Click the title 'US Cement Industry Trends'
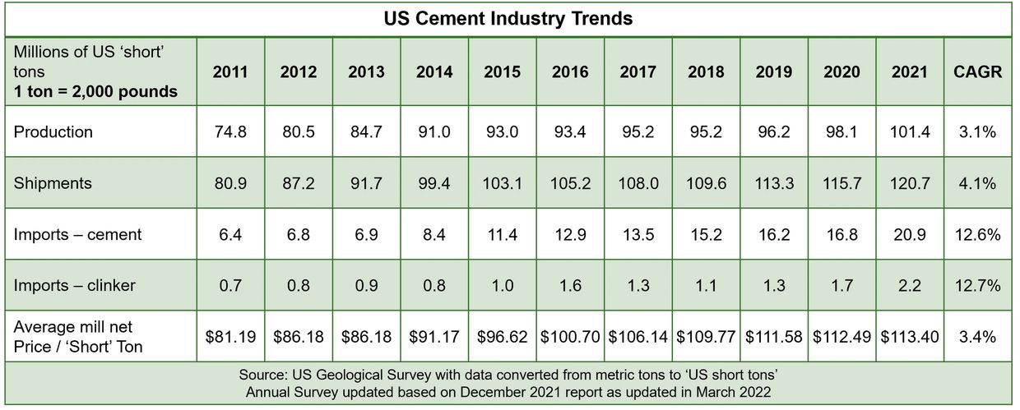[x=509, y=18]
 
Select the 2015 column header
[x=502, y=72]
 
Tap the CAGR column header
[x=977, y=72]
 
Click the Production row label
[x=53, y=132]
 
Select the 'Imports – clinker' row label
[x=75, y=285]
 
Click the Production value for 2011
[x=230, y=132]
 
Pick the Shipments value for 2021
[x=909, y=183]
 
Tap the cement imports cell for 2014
[x=434, y=234]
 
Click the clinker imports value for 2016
[x=570, y=285]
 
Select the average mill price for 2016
[x=570, y=337]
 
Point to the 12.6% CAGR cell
[x=977, y=234]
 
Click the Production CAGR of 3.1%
[x=977, y=132]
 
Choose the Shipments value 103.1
[x=502, y=183]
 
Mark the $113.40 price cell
[x=909, y=337]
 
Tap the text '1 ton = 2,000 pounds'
[x=96, y=91]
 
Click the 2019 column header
[x=773, y=72]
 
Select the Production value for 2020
[x=841, y=132]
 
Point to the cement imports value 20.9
[x=909, y=234]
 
